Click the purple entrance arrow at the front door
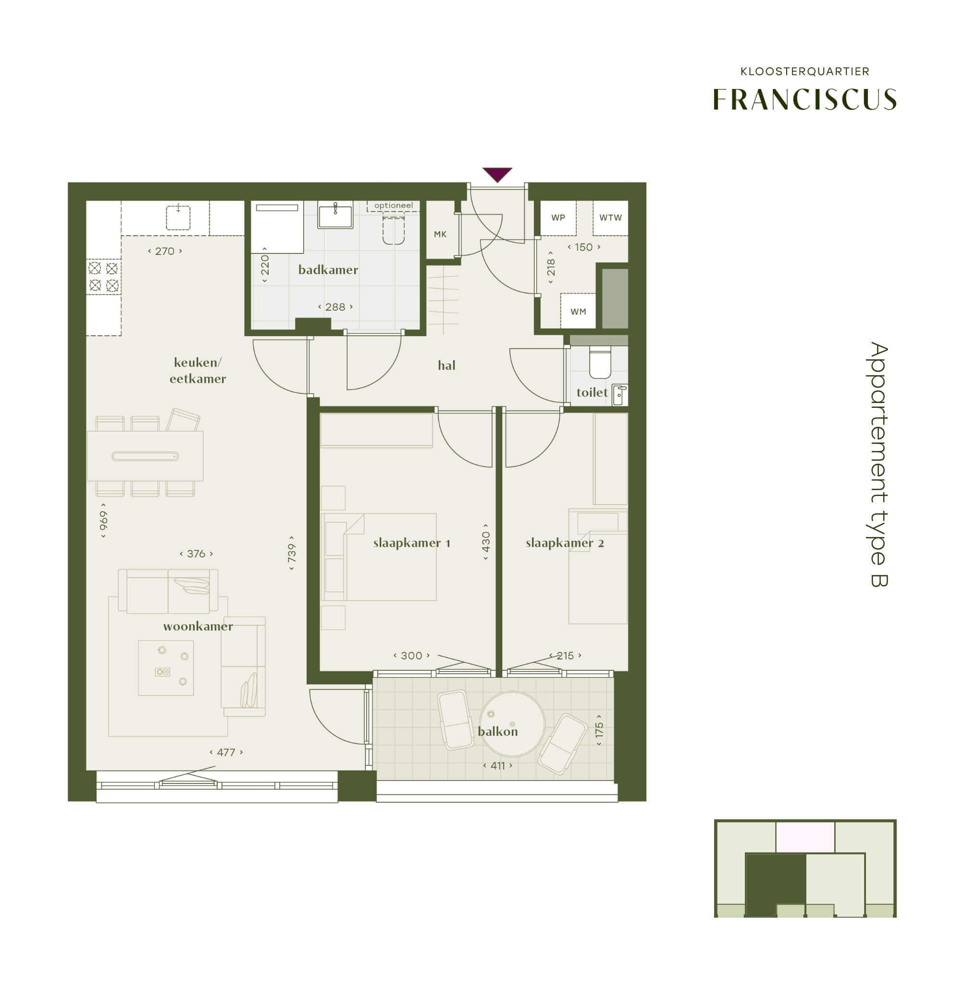click(x=497, y=174)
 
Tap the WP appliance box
click(x=558, y=218)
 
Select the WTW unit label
click(x=610, y=218)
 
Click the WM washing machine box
click(x=578, y=311)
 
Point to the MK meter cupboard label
click(x=440, y=234)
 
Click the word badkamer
click(x=328, y=269)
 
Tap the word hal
click(x=446, y=365)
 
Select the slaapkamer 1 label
click(x=412, y=543)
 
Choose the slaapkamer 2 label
click(x=565, y=543)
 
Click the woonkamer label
click(x=198, y=626)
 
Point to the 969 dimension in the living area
click(x=103, y=520)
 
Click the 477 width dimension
click(x=226, y=752)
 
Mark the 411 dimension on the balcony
click(x=498, y=766)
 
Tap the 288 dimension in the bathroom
click(x=335, y=306)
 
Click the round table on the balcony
click(x=512, y=723)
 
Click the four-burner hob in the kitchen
click(x=103, y=277)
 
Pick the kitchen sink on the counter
click(x=178, y=217)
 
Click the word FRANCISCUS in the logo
click(x=804, y=99)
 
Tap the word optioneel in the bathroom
click(x=394, y=205)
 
